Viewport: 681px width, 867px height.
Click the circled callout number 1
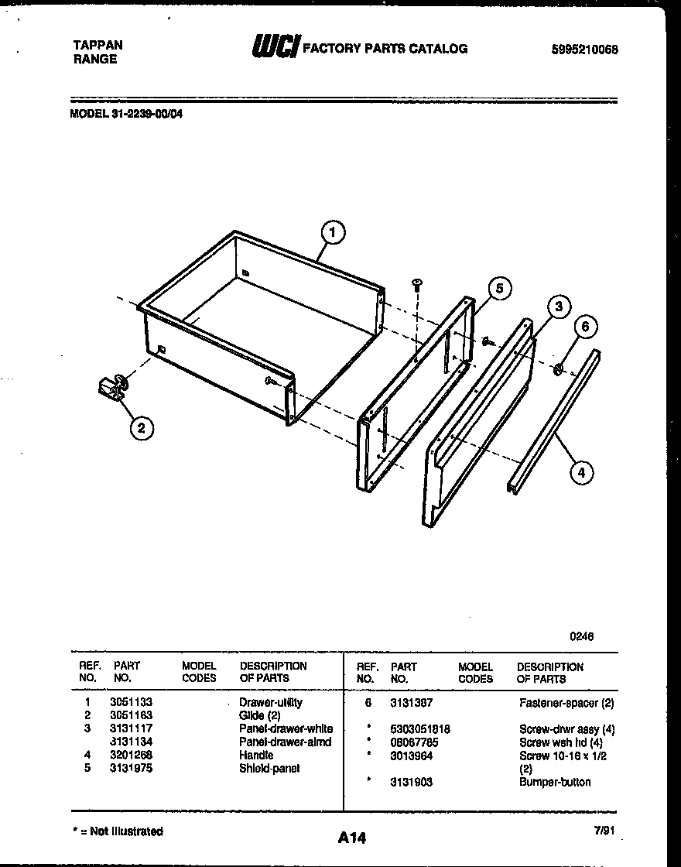click(x=333, y=231)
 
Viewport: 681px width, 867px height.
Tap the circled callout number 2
click(x=141, y=427)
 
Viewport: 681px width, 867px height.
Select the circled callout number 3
click(x=557, y=307)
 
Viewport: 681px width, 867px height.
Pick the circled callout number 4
click(x=582, y=471)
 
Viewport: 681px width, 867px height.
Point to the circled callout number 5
click(x=500, y=289)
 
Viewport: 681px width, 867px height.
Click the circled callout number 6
click(x=585, y=327)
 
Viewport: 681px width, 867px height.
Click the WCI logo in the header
click(x=275, y=47)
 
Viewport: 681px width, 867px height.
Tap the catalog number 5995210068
click(x=585, y=50)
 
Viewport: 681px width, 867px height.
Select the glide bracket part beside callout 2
click(x=114, y=386)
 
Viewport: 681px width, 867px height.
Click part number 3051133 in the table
click(x=125, y=703)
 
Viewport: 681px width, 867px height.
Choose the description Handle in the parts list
click(x=256, y=755)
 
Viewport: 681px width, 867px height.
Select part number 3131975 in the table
click(x=125, y=768)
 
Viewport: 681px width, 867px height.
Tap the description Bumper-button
click(x=554, y=782)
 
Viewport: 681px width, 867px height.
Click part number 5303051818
click(x=420, y=729)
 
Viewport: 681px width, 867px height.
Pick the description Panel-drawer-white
click(x=286, y=728)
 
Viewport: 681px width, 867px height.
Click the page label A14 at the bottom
click(x=352, y=838)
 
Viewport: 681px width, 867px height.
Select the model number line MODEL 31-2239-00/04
click(x=127, y=113)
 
